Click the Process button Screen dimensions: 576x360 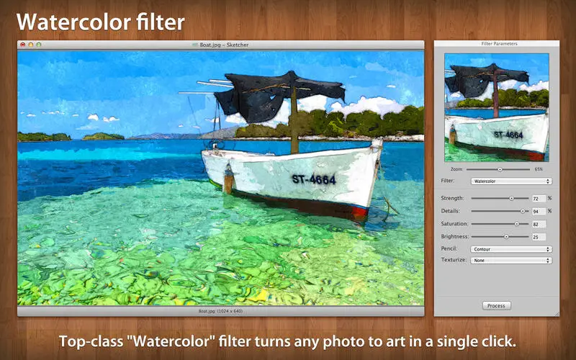pyautogui.click(x=496, y=305)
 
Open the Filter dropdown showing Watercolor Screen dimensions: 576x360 pyautogui.click(x=511, y=181)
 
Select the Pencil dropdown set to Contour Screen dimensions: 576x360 pyautogui.click(x=511, y=249)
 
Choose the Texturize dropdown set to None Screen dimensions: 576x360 pyautogui.click(x=511, y=260)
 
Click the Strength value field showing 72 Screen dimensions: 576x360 pyautogui.click(x=539, y=199)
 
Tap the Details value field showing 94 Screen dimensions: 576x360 pyautogui.click(x=539, y=211)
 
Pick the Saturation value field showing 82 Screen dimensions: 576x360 pyautogui.click(x=539, y=224)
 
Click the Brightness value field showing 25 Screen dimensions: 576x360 pyautogui.click(x=539, y=237)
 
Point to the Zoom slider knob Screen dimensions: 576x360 pyautogui.click(x=500, y=169)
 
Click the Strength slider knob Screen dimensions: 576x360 pyautogui.click(x=511, y=198)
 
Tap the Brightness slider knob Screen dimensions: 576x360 pyautogui.click(x=506, y=237)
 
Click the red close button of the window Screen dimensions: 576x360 pyautogui.click(x=23, y=45)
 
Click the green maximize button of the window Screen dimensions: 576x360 pyautogui.click(x=39, y=45)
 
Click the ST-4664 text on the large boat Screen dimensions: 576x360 pyautogui.click(x=314, y=179)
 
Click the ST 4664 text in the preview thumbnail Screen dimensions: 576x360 pyautogui.click(x=508, y=135)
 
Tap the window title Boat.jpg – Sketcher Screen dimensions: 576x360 pyautogui.click(x=224, y=45)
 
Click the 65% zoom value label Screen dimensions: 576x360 pyautogui.click(x=539, y=169)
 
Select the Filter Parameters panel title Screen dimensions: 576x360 pyautogui.click(x=499, y=44)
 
